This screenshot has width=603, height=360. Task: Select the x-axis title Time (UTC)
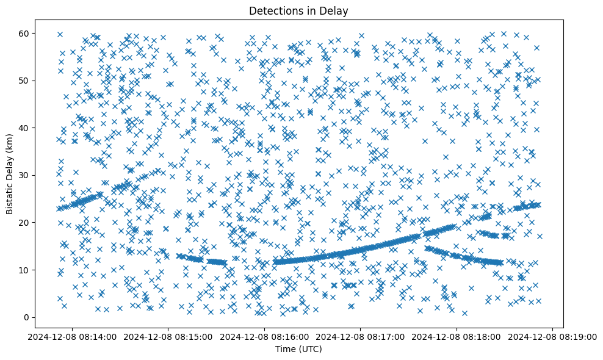point(298,350)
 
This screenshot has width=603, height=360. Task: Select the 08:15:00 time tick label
point(168,336)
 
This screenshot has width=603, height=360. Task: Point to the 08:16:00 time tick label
point(264,336)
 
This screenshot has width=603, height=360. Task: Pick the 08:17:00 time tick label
point(361,336)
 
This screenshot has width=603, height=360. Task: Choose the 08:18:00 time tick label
point(457,336)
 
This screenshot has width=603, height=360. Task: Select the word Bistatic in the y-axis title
point(10,195)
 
